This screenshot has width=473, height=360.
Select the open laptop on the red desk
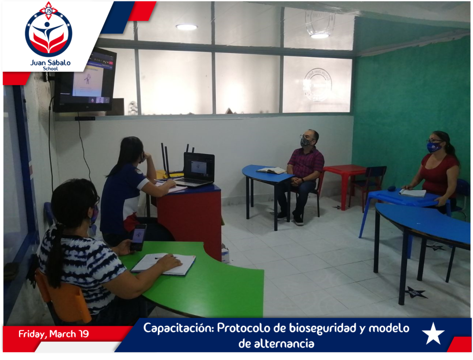point(196,170)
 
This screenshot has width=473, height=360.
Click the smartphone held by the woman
point(138,237)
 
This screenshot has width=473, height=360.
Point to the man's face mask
point(306,141)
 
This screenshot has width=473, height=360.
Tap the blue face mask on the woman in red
point(434,147)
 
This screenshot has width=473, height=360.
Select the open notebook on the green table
point(164,264)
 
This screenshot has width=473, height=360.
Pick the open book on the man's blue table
point(271,170)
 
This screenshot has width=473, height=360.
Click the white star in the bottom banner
point(433,334)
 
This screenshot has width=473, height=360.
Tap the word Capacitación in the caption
point(179,328)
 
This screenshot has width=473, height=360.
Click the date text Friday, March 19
point(54,334)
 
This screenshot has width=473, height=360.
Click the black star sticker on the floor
point(416,292)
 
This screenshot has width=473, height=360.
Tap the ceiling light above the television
point(187,27)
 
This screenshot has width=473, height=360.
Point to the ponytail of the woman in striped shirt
point(56,256)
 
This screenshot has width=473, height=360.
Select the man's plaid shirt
point(306,163)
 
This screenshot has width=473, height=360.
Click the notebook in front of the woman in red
point(412,193)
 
